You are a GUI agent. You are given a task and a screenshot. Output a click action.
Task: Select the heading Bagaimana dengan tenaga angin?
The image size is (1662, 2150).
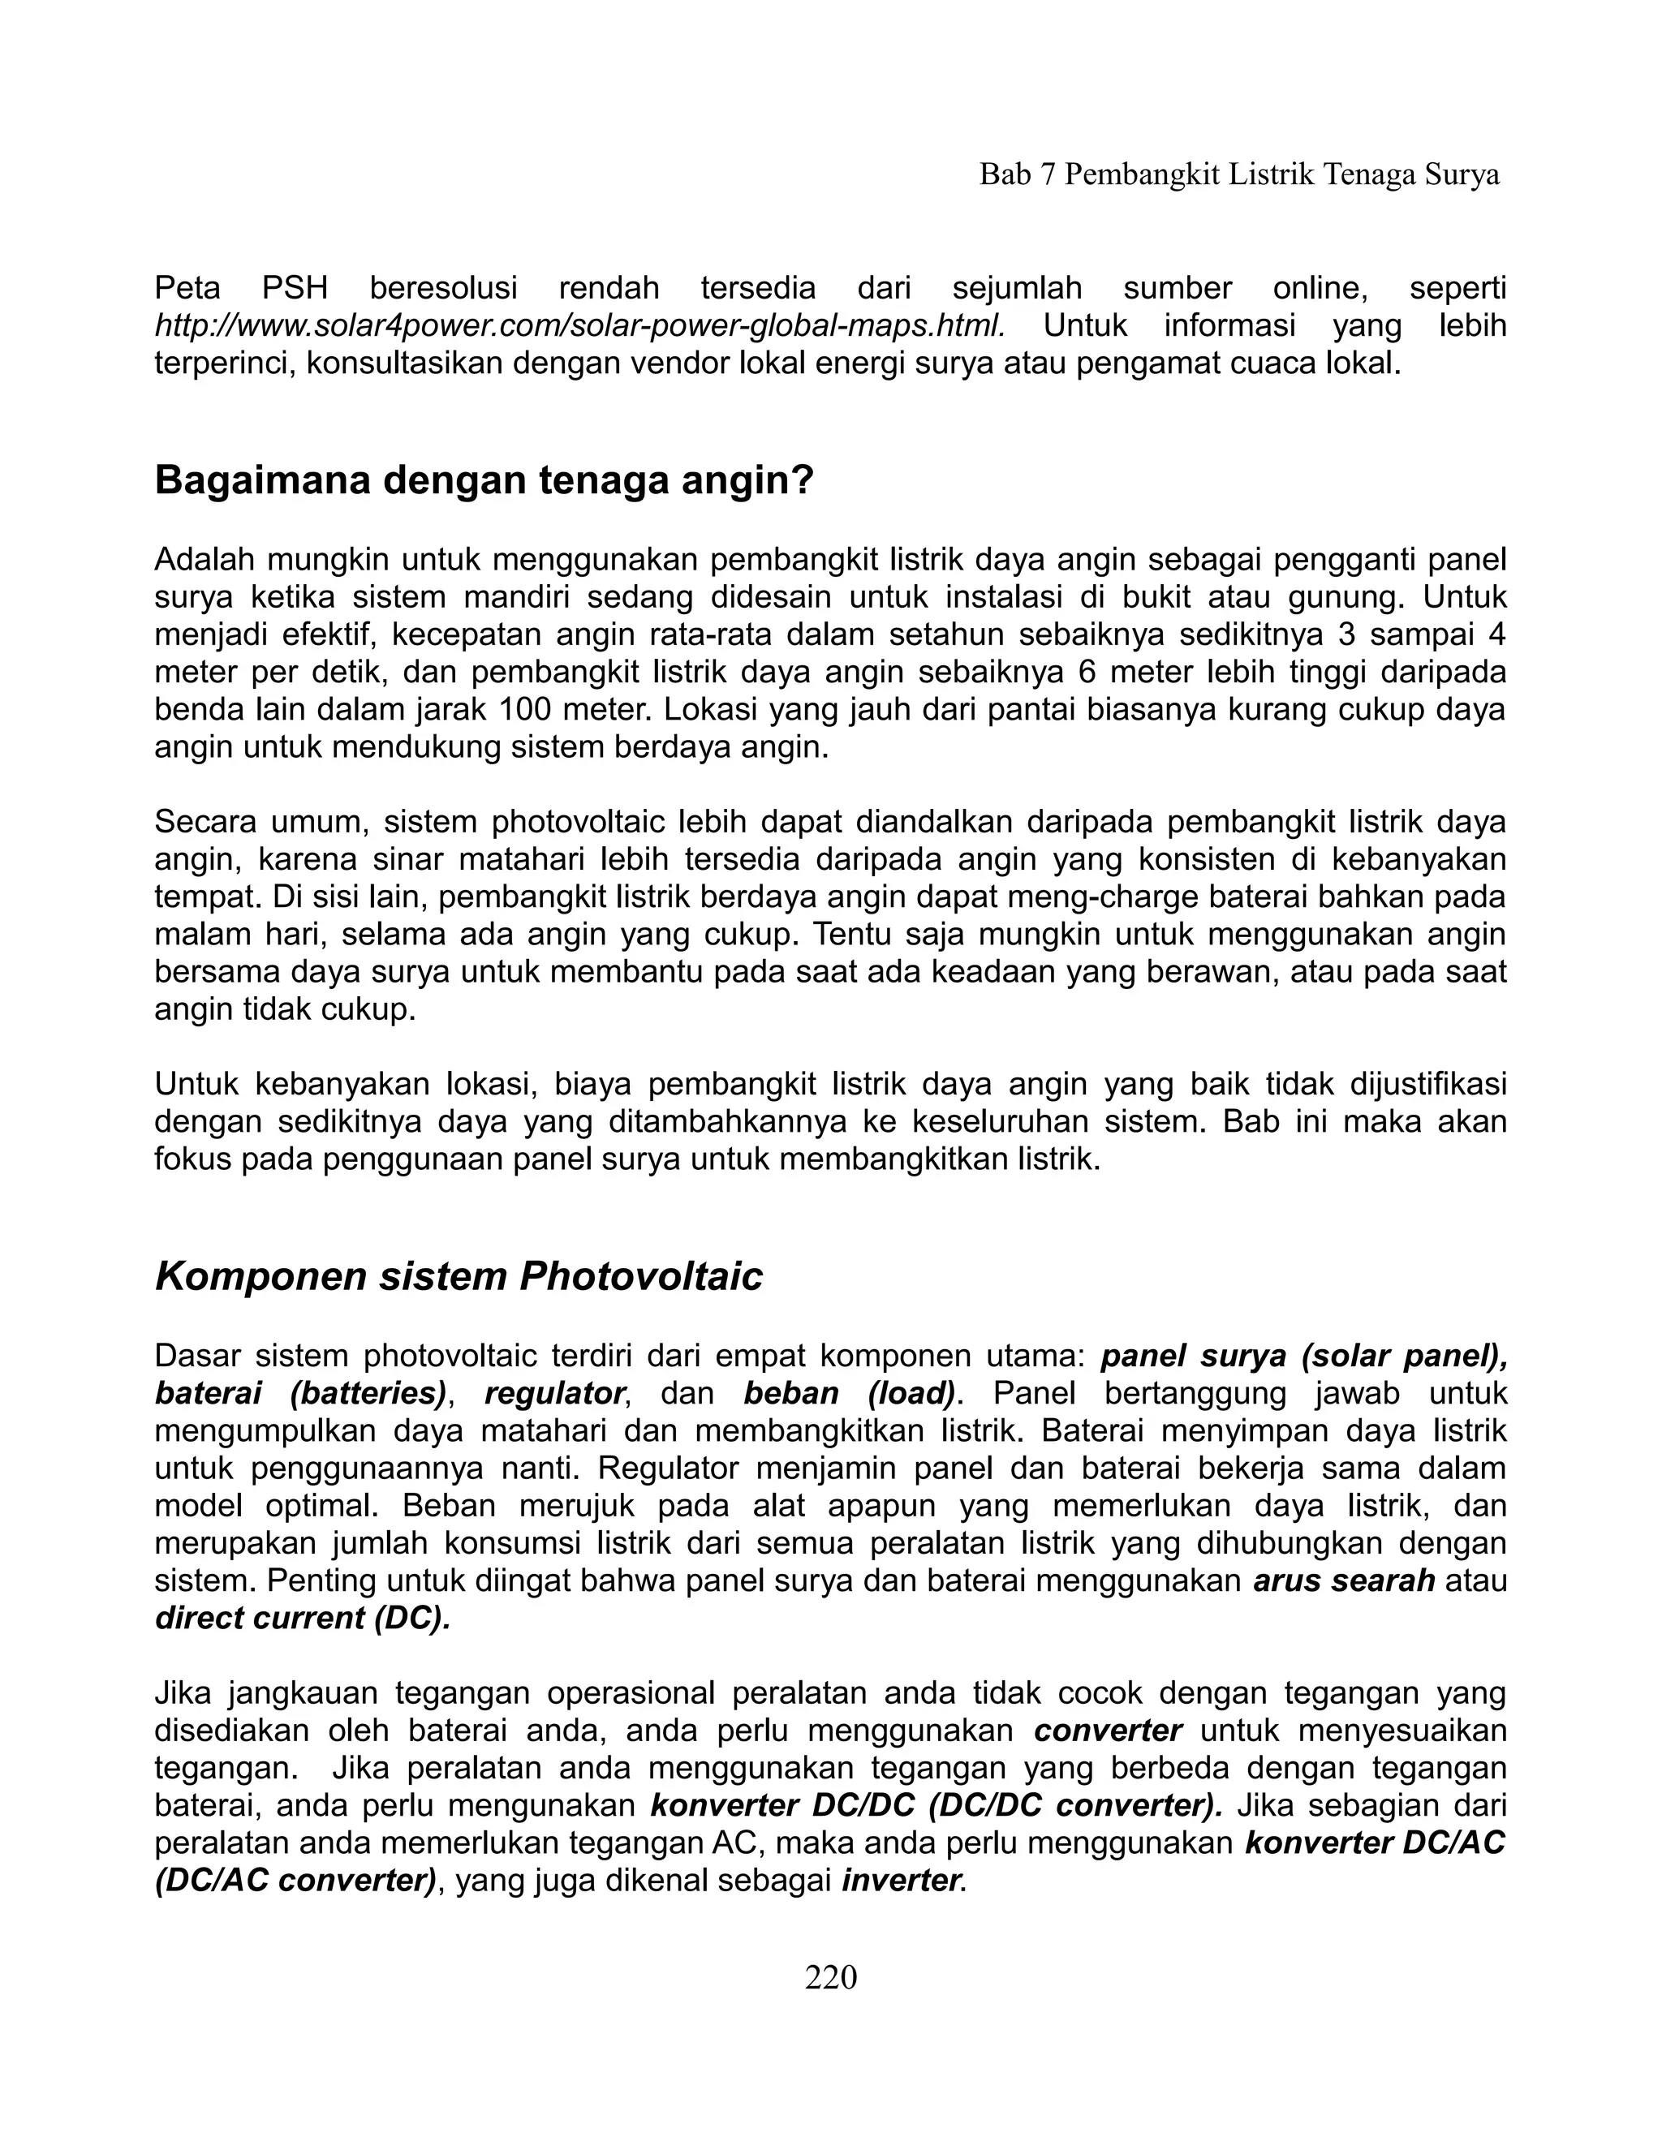pyautogui.click(x=484, y=480)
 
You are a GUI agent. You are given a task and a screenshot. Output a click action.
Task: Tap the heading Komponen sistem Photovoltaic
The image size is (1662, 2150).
pyautogui.click(x=459, y=1277)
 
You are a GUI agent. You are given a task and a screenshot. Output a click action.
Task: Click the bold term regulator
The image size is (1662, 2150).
pyautogui.click(x=554, y=1394)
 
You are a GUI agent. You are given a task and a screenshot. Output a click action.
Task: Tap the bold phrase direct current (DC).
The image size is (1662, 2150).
pyautogui.click(x=302, y=1619)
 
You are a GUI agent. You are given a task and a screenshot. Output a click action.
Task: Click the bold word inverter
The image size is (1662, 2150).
pyautogui.click(x=901, y=1881)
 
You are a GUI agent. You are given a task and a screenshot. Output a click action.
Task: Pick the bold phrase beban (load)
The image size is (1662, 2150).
pyautogui.click(x=849, y=1394)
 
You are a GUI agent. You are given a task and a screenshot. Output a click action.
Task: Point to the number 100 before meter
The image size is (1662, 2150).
pyautogui.click(x=530, y=710)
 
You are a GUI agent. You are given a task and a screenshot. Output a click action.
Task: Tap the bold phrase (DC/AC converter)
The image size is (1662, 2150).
pyautogui.click(x=295, y=1881)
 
